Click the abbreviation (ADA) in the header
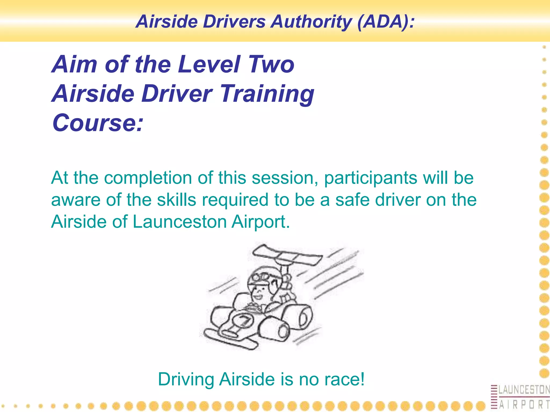coord(386,21)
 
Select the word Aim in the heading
coord(74,64)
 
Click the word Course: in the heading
coord(98,123)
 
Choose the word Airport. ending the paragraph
coord(261,222)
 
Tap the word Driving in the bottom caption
coord(186,379)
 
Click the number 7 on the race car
coord(245,321)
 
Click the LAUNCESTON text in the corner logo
coord(524,390)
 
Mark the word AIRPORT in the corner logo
coord(524,404)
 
